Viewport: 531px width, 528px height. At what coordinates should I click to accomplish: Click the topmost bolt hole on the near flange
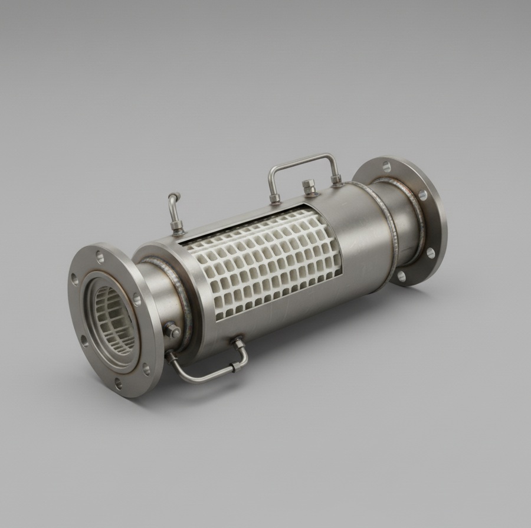click(100, 257)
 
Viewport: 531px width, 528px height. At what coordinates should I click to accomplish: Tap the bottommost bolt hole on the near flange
click(118, 383)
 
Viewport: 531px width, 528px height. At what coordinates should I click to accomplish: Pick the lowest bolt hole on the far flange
click(402, 276)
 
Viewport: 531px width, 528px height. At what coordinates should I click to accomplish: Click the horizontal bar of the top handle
click(302, 159)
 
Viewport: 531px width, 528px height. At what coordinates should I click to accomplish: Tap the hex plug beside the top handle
click(309, 188)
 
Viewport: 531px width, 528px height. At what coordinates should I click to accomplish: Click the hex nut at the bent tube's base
click(177, 227)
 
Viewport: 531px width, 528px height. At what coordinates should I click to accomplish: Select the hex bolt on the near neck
click(172, 330)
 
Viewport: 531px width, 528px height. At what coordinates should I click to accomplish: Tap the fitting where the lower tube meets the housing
click(238, 343)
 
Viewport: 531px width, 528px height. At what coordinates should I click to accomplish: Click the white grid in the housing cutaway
click(260, 265)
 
